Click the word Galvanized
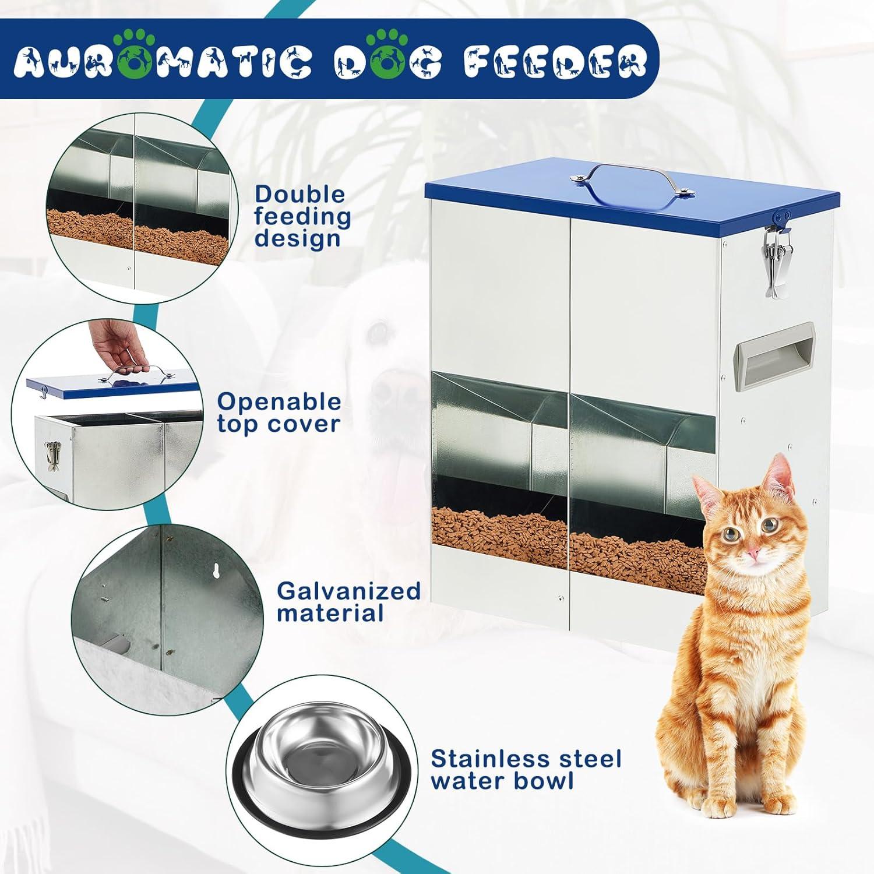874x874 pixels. pyautogui.click(x=348, y=591)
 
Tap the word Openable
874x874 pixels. pyautogui.click(x=279, y=401)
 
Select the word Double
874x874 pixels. pyautogui.click(x=300, y=194)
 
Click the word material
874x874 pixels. pyautogui.click(x=330, y=613)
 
